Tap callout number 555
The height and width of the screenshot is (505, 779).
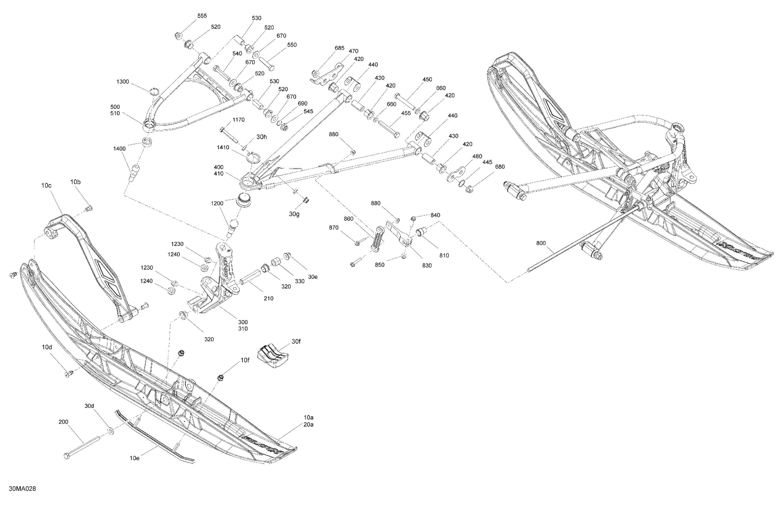[202, 16]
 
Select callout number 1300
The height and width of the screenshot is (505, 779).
[123, 81]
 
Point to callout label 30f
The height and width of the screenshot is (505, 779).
[296, 342]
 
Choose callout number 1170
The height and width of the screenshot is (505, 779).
[238, 120]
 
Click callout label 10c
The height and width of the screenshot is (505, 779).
[46, 185]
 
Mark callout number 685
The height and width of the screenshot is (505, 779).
[339, 48]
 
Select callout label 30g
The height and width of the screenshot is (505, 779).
[294, 214]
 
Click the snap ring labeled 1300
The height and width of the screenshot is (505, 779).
[154, 91]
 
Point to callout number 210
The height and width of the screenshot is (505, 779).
[268, 298]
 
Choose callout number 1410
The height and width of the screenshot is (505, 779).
[223, 148]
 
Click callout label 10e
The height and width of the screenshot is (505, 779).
[135, 458]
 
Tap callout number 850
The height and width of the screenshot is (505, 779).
[380, 265]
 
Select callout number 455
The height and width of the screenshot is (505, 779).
[406, 113]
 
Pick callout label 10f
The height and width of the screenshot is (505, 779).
[245, 360]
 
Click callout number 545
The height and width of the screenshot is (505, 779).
[308, 111]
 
